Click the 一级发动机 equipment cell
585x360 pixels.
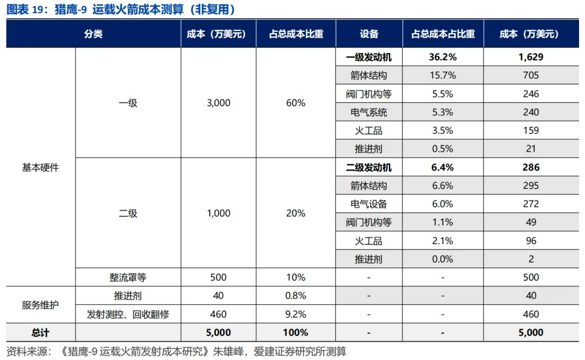point(369,57)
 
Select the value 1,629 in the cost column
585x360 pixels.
point(530,57)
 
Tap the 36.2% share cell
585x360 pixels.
point(443,57)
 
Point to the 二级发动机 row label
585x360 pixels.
point(369,168)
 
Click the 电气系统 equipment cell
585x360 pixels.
point(369,113)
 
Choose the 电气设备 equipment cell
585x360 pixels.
point(369,204)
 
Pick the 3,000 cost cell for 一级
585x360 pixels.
point(218,103)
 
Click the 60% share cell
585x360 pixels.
point(296,103)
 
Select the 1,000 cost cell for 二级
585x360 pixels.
point(218,213)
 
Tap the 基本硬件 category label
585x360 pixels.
point(41,168)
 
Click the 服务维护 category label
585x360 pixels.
point(41,305)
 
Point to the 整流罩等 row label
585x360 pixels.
point(128,278)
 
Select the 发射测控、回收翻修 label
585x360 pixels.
point(128,314)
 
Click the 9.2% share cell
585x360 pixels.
point(296,314)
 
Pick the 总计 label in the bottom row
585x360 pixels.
point(41,332)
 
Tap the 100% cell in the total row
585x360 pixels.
point(296,332)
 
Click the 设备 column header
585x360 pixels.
point(369,34)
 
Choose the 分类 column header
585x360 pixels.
point(93,34)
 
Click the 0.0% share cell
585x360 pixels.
point(443,259)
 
